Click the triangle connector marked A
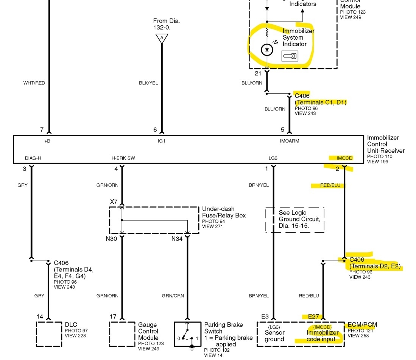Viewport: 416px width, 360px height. coord(162,38)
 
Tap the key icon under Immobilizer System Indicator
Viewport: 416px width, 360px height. coord(290,56)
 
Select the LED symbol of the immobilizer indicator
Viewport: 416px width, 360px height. coord(267,50)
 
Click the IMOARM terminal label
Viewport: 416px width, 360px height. coord(290,141)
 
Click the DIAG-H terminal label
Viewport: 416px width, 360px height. coord(33,158)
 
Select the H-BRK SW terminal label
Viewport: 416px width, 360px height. coord(123,158)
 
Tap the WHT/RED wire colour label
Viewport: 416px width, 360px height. coord(34,83)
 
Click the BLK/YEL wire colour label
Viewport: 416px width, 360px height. coord(148,83)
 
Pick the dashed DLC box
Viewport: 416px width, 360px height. coord(49,334)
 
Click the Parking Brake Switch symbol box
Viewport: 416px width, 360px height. coord(187,334)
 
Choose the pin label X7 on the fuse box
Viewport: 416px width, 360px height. coord(114,202)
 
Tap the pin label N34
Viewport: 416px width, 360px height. coord(176,239)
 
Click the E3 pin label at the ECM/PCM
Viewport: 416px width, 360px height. coord(265,317)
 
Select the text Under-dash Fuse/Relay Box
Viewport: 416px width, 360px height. coord(224,212)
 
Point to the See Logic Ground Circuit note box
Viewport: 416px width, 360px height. coord(294,219)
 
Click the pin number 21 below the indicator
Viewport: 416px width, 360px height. coord(258,73)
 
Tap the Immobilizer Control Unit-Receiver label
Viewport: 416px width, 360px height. coord(386,144)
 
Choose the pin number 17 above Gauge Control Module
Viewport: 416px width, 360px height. coord(113,317)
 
